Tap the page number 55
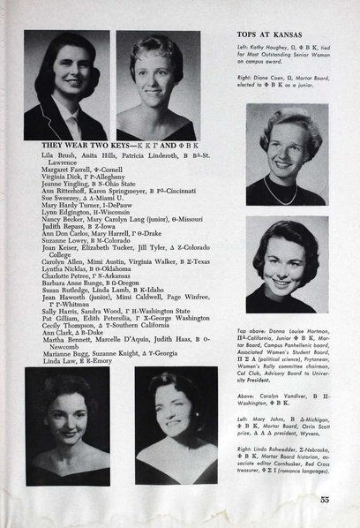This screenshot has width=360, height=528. (x=325, y=502)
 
